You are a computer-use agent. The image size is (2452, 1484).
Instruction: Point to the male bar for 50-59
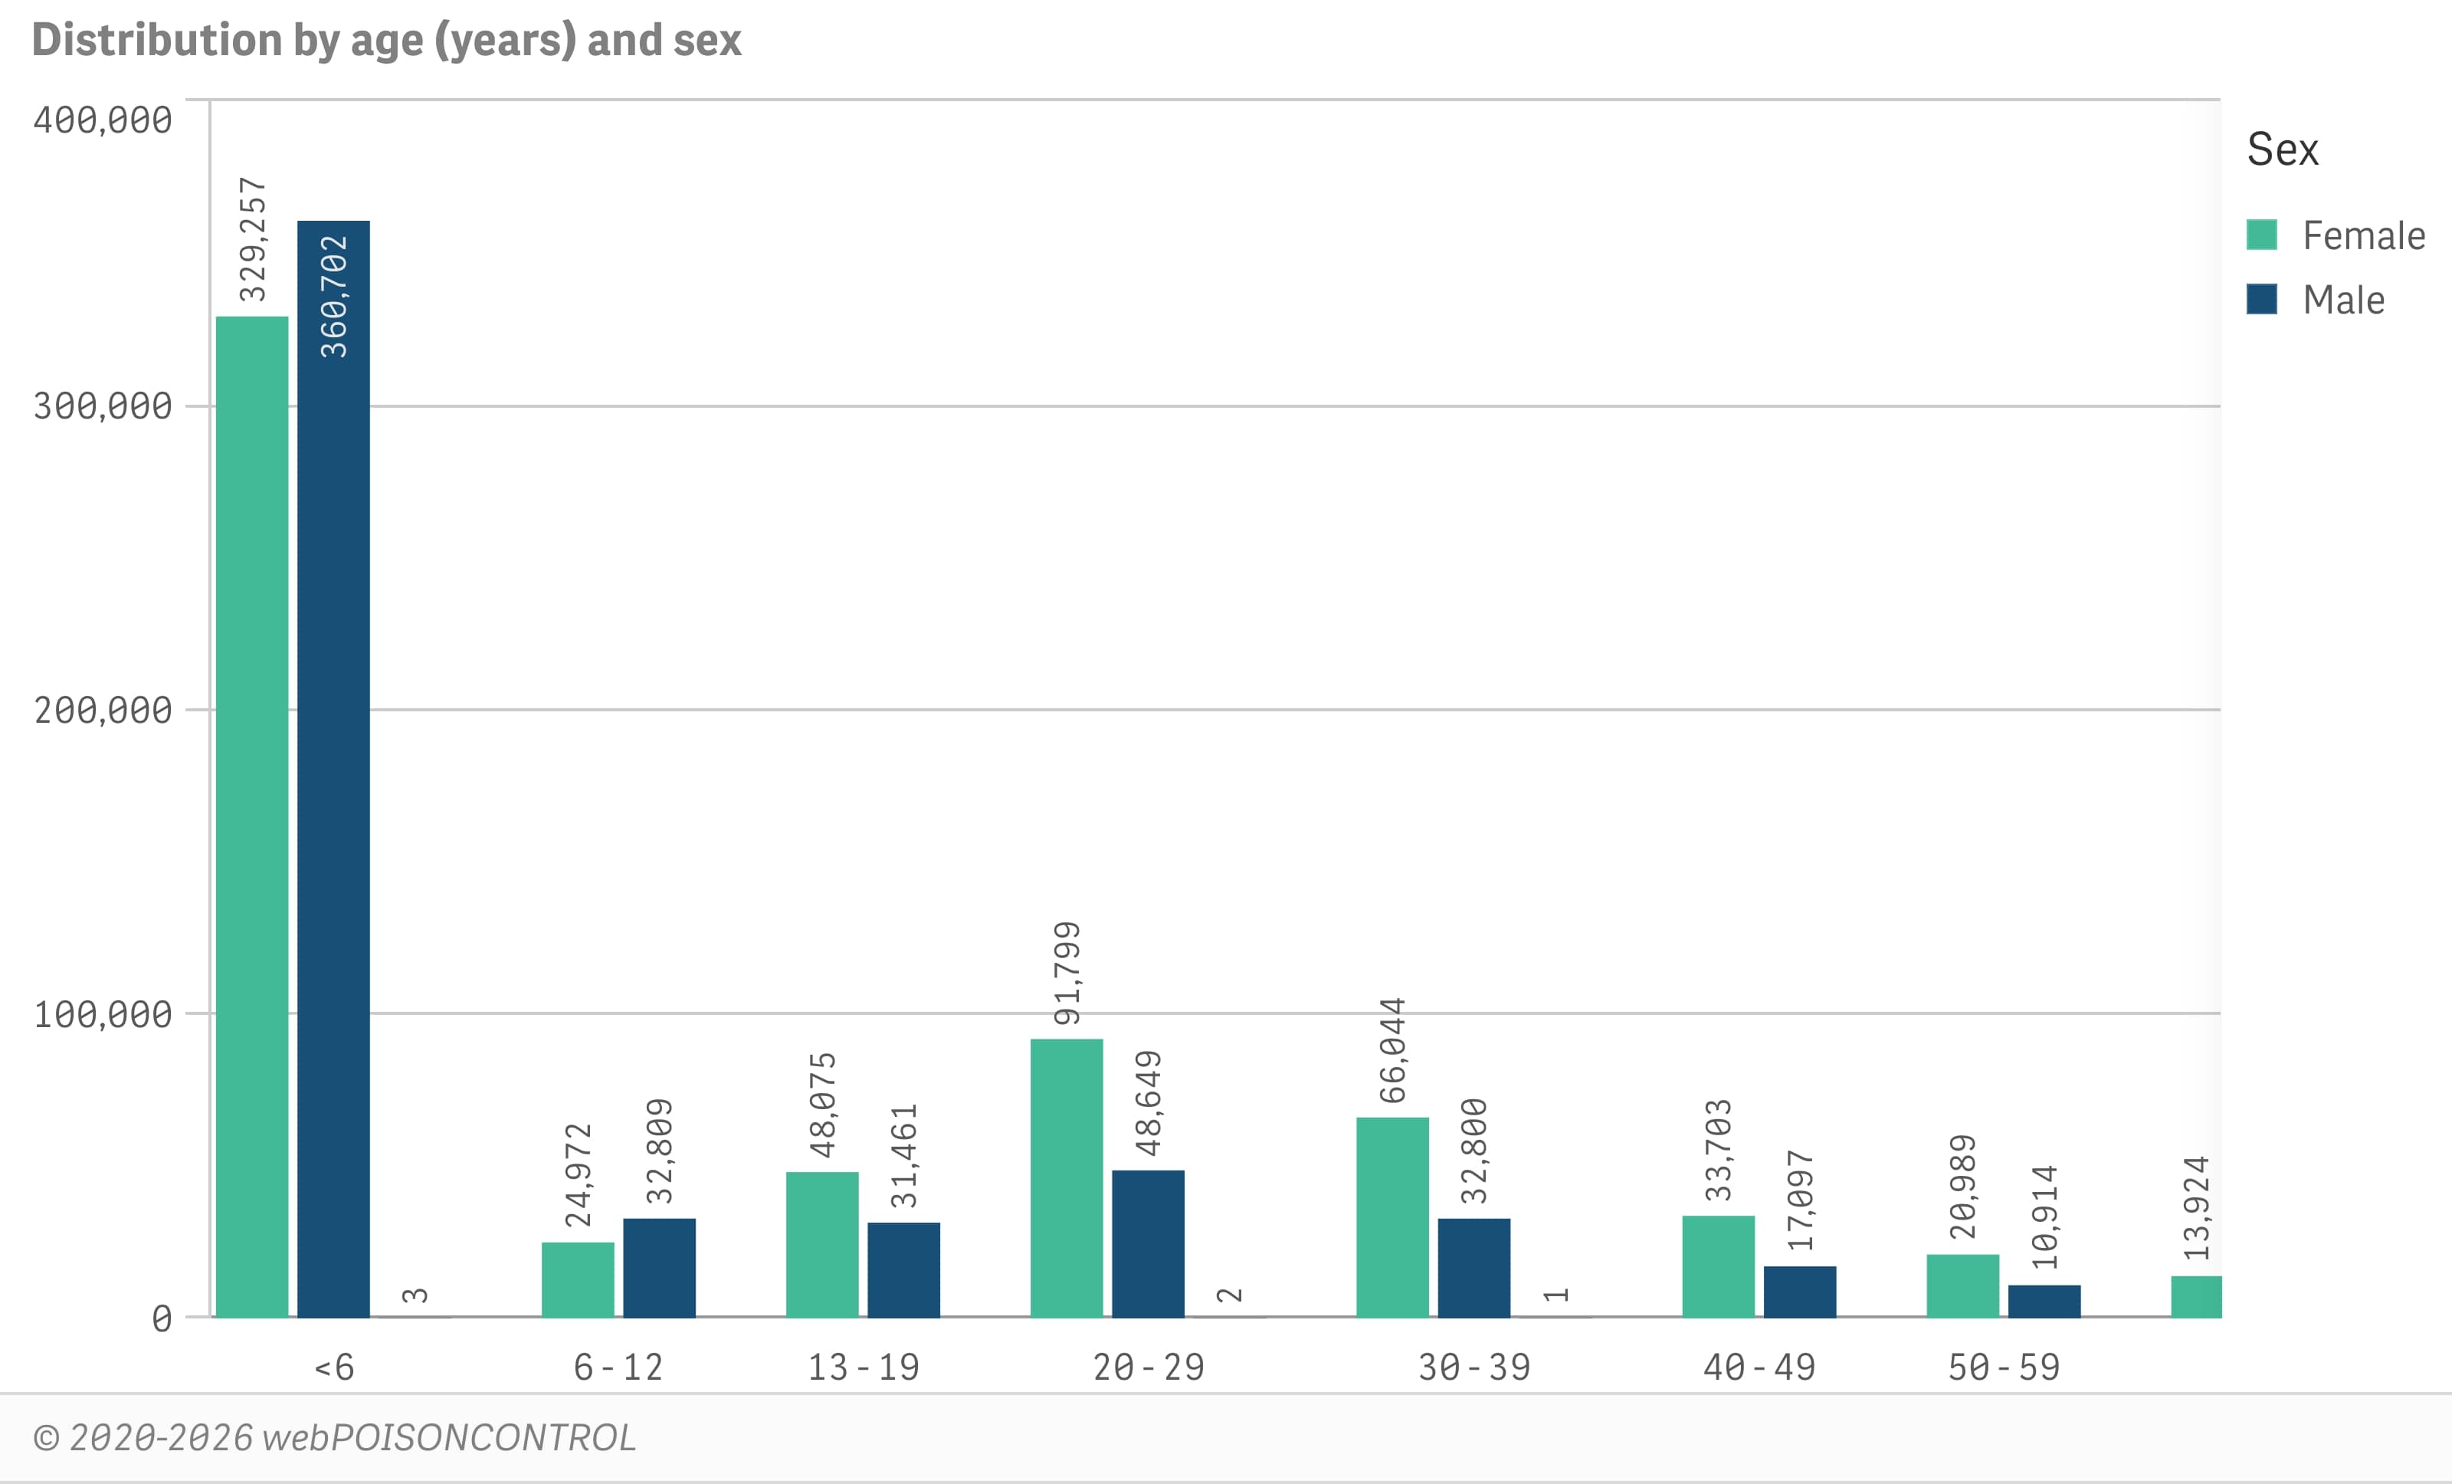click(x=2044, y=1301)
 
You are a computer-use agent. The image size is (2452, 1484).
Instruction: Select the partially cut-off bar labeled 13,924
click(x=2195, y=1296)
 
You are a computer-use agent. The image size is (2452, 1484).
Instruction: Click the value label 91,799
click(x=1067, y=973)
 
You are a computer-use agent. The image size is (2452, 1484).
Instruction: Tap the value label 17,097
click(x=1800, y=1200)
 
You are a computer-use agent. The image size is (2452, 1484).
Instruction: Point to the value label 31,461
click(x=903, y=1156)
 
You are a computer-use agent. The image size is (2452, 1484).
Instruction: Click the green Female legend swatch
click(x=2262, y=235)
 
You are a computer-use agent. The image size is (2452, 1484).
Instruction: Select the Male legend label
click(x=2343, y=300)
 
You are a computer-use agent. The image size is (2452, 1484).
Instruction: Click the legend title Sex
click(x=2282, y=149)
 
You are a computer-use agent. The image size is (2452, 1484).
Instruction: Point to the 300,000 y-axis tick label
click(x=103, y=406)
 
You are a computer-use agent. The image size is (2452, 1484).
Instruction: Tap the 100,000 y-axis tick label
click(x=103, y=1014)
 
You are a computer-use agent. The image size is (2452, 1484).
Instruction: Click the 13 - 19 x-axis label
click(x=863, y=1367)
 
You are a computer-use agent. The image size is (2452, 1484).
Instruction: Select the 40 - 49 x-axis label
click(x=1759, y=1367)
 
